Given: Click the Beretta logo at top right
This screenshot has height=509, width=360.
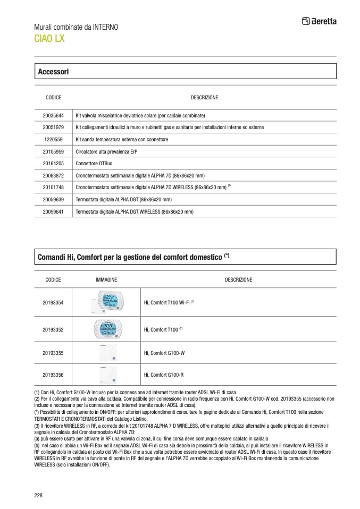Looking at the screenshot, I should pos(319,21).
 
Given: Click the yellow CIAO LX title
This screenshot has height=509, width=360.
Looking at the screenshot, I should pos(49,38).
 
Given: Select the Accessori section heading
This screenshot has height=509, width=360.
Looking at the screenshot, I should pos(53,71).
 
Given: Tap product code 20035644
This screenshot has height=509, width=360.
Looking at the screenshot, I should pos(53,115).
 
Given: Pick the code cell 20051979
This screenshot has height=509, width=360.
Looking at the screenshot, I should pos(53,128).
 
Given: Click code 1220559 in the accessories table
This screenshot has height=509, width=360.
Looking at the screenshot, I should pos(53,139).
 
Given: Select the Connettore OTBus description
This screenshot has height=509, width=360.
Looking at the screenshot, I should pos(94,163).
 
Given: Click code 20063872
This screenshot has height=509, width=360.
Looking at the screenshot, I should pos(53,175).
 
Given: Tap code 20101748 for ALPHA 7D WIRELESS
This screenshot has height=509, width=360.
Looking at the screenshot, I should pos(53,188).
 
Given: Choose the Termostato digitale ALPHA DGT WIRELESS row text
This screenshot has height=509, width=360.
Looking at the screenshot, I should pos(135,211).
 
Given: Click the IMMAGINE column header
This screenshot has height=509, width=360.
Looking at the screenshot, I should pos(106,279).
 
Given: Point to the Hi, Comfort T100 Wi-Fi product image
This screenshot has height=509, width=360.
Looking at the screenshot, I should pos(106,302).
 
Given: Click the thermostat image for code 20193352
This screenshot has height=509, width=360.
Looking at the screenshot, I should pos(106,329).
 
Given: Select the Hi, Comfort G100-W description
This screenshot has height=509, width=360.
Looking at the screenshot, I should pos(164,352).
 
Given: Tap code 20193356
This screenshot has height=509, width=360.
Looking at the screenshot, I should pos(53,375).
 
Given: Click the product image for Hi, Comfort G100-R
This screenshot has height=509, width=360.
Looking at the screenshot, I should pos(106,375).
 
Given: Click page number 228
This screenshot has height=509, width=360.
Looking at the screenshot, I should pos(38,495).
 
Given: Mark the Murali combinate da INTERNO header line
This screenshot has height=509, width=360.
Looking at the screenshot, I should pos(76,27).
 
